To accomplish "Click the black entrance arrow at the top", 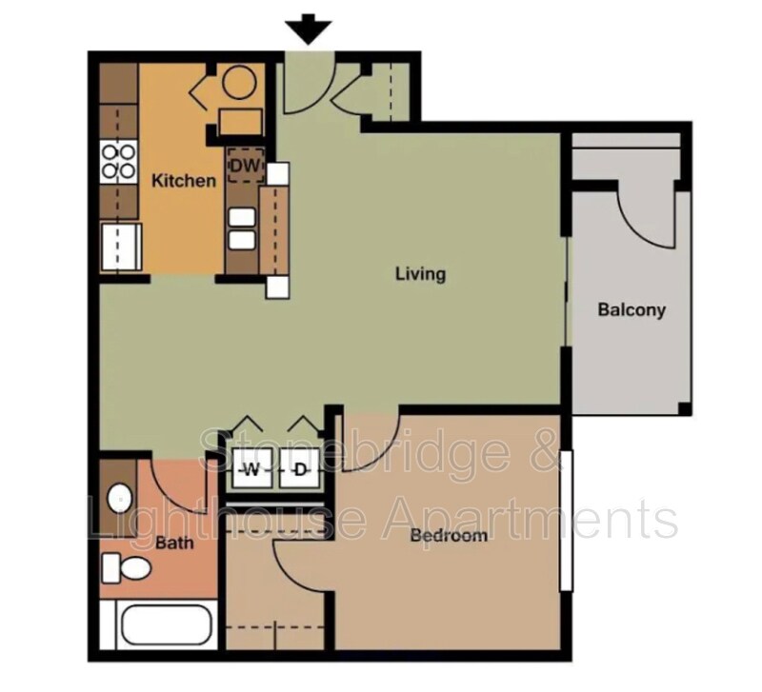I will pos(309,31).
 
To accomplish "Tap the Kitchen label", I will pos(184,180).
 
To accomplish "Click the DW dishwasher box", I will pos(245,166).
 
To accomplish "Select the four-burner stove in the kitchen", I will pos(118,161).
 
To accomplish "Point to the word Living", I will pos(420,274).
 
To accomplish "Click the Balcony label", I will pos(631,309).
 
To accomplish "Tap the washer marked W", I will pos(252,469).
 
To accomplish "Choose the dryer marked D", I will pos(300,469).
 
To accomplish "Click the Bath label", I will pos(175,544).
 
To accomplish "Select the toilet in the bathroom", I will pos(128,568).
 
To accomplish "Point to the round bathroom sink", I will pos(118,498).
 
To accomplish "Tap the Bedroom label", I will pos(449,535).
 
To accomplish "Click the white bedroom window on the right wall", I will pos(566,519).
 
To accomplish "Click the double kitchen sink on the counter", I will pos(241,228).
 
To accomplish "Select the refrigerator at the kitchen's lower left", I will pos(120,248).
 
